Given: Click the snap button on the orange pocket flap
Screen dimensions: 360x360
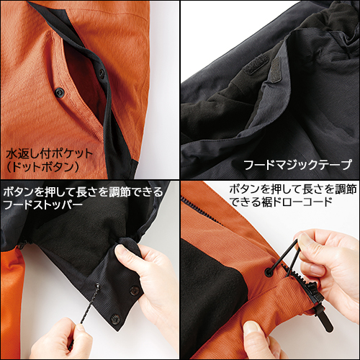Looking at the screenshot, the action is [x=59, y=91].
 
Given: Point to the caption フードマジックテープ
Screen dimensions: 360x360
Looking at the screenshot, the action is [x=297, y=165].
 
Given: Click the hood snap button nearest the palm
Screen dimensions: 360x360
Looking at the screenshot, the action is [x=134, y=290].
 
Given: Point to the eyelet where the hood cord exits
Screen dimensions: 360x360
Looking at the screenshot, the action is [x=98, y=286].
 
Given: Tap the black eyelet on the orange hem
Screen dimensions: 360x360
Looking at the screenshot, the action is [x=269, y=271].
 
